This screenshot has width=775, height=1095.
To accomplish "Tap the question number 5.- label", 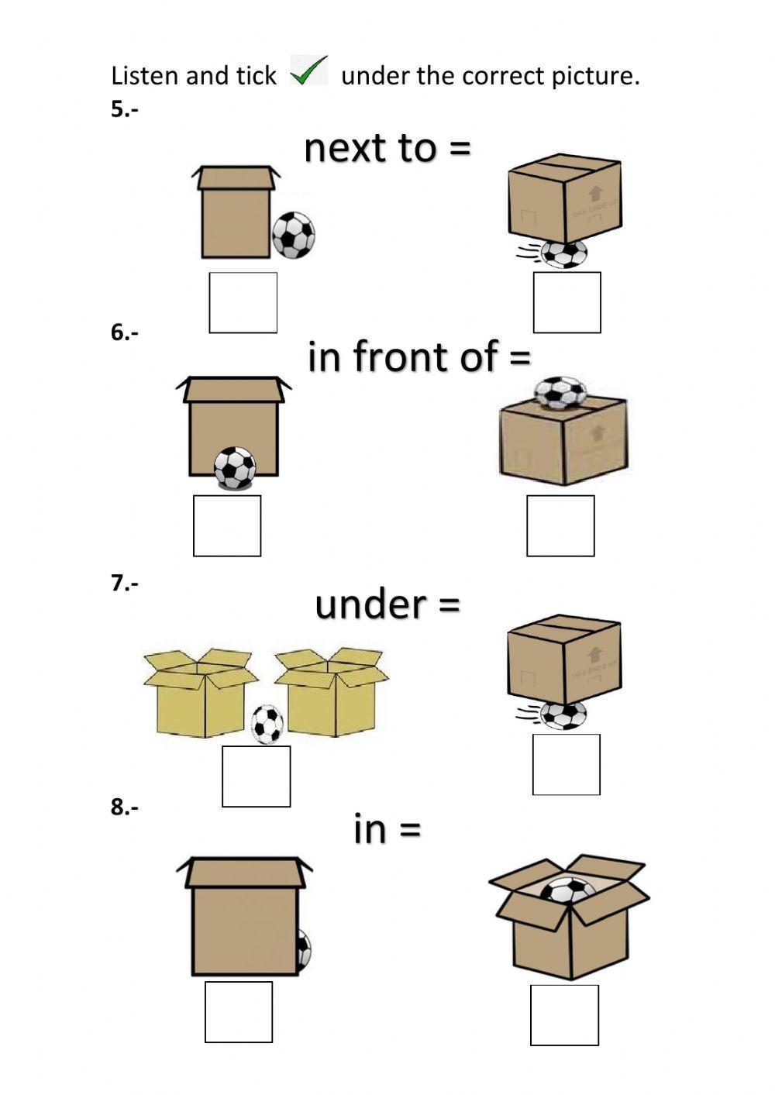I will click(125, 109).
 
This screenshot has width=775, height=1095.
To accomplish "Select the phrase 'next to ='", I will click(387, 147).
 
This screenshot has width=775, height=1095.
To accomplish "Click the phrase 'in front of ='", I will click(419, 357).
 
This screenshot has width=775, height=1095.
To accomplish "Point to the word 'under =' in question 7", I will click(387, 604).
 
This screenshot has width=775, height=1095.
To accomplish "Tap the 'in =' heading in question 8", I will click(387, 828).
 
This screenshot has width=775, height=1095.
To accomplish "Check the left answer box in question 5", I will click(243, 302).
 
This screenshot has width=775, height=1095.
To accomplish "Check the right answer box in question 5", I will click(567, 302).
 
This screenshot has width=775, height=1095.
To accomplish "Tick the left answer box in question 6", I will click(227, 525).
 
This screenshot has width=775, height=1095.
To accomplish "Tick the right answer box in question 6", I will click(560, 525).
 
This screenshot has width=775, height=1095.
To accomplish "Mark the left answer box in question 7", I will click(256, 776).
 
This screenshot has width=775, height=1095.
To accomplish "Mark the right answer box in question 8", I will click(564, 1014).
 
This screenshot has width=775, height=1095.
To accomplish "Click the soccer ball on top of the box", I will click(560, 391).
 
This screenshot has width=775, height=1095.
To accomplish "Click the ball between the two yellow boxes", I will click(267, 724).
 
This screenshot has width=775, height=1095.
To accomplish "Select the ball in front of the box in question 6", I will click(235, 468).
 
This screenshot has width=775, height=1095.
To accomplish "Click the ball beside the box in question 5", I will click(294, 235).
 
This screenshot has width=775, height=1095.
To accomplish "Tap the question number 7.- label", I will click(125, 584).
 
